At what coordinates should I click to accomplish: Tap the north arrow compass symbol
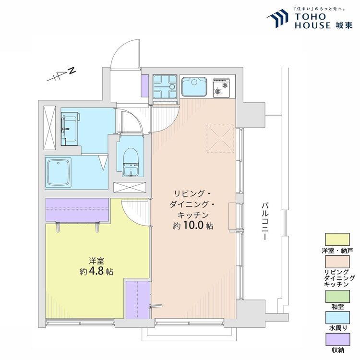click(61, 74)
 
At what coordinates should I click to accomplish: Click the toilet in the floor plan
click(131, 162)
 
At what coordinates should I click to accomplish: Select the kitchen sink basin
click(194, 86)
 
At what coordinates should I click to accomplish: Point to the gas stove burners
click(221, 88)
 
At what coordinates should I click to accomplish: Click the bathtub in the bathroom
click(58, 172)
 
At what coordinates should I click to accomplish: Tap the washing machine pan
click(165, 86)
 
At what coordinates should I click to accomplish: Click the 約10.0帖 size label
click(193, 226)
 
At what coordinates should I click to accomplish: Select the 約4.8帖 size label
click(96, 272)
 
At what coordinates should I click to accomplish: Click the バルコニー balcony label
click(265, 221)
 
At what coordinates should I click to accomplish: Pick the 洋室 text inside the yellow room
click(96, 261)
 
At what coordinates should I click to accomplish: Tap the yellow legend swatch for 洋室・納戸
click(337, 240)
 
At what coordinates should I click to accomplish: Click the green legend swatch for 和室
click(337, 297)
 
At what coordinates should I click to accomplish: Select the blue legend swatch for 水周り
click(337, 318)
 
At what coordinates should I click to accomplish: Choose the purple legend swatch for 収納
click(337, 339)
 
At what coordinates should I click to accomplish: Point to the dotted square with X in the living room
click(220, 138)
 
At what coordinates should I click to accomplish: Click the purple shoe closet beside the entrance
click(144, 86)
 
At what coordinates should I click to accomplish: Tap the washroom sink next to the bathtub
click(69, 129)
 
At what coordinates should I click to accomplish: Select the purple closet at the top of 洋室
click(77, 210)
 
